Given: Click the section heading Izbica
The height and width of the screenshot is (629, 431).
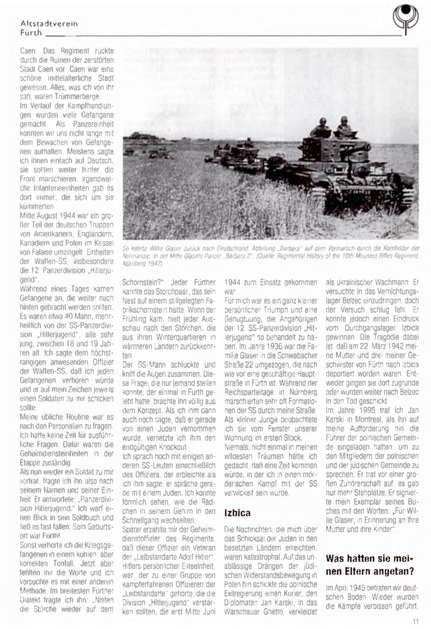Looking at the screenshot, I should click(x=237, y=513).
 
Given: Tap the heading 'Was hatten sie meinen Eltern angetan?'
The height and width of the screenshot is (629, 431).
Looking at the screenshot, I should click(x=370, y=565).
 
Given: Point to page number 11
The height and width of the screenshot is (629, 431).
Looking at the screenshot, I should click(x=416, y=621).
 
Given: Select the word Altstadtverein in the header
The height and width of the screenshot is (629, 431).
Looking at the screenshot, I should click(x=49, y=24).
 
